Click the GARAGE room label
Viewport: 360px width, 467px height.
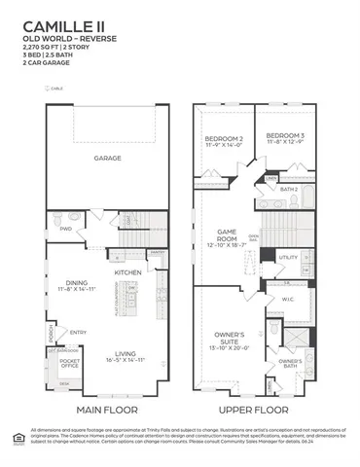[107, 157]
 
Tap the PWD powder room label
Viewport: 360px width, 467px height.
[66, 229]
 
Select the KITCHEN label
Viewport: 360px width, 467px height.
[128, 273]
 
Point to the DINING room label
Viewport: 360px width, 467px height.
[78, 283]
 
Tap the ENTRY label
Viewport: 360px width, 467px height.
[78, 333]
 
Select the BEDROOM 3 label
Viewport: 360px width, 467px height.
[285, 135]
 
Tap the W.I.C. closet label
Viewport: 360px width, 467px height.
[288, 300]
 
